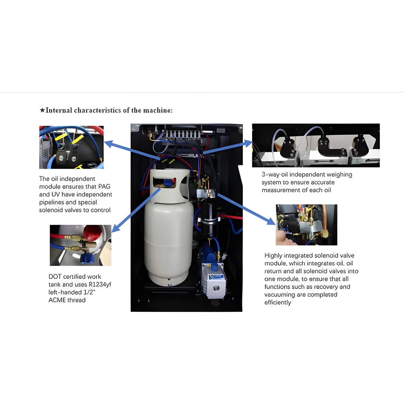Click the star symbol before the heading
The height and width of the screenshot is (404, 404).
tap(42, 110)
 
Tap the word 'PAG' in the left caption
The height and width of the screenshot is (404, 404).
tap(104, 186)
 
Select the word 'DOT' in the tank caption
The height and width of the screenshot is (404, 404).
tap(55, 277)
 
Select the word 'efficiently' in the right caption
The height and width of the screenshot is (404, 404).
tap(278, 303)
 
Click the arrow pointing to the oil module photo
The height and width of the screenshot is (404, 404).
tap(131, 151)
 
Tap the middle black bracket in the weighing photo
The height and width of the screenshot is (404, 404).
tap(327, 147)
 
